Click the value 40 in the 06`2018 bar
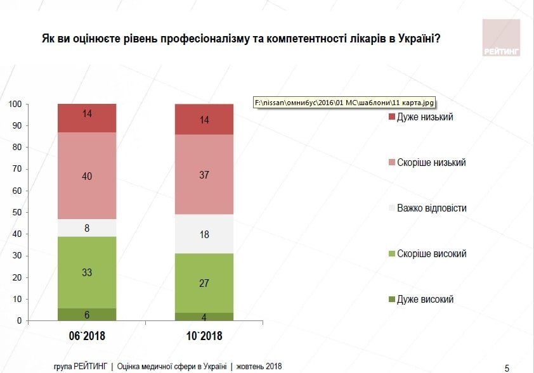click(87, 176)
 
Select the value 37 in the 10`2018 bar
click(204, 175)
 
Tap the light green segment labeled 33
click(87, 273)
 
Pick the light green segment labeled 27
click(204, 283)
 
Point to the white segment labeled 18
click(204, 234)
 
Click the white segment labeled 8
click(87, 228)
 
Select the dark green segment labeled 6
click(87, 314)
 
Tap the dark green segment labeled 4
click(204, 316)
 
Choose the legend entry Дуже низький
click(424, 117)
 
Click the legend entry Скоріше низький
click(431, 163)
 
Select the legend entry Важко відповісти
click(431, 208)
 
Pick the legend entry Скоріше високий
click(431, 254)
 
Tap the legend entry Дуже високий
click(425, 300)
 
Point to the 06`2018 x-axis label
click(87, 336)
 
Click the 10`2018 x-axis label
click(204, 336)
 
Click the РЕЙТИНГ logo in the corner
click(500, 37)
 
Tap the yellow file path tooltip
click(346, 102)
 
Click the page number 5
click(507, 367)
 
